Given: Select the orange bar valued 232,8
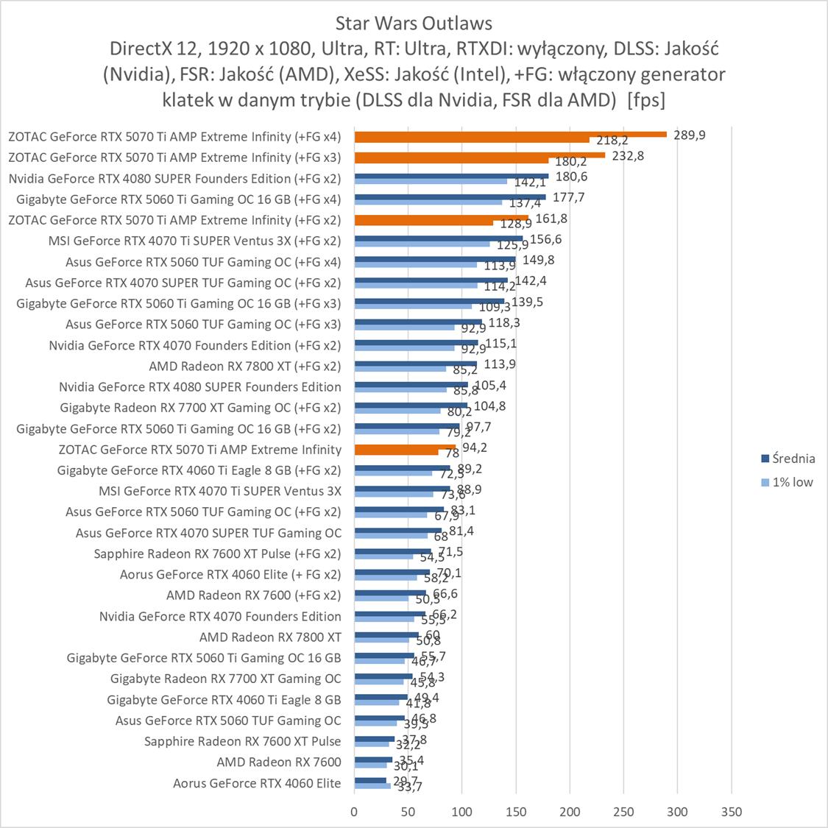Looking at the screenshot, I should coord(479,155).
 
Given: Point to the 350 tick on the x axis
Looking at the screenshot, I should coord(732,812).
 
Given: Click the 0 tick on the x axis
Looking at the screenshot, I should coord(354,812).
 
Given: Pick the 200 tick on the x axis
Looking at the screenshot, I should coord(570,812).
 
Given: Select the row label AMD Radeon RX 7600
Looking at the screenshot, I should coord(279,762).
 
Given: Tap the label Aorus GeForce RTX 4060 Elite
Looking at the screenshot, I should coord(257,783).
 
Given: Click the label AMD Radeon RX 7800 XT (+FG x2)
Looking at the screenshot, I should coord(245,366).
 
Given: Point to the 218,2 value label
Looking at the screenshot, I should coord(612,140).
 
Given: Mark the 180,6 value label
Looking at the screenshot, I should coord(572,177).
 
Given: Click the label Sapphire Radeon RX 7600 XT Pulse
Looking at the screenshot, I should coord(243,741).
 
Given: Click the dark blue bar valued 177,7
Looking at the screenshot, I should coord(450,197).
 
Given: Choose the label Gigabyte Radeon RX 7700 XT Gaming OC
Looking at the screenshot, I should coord(226,679).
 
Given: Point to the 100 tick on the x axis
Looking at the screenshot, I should coord(461,812).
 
